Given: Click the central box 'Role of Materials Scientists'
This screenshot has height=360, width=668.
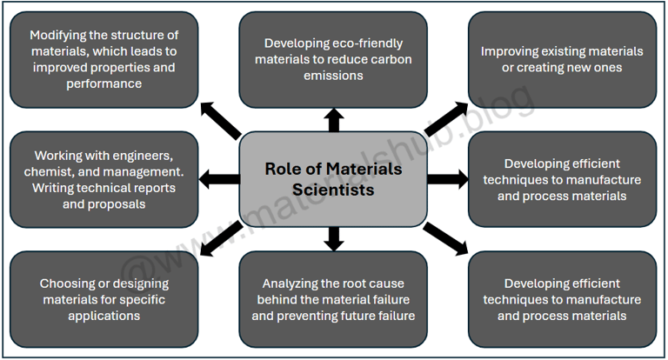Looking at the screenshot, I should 333,177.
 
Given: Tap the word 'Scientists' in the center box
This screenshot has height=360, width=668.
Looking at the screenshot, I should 333,189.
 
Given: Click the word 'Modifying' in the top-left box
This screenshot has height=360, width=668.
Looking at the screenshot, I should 59,35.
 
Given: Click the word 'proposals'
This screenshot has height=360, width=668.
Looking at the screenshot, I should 117,204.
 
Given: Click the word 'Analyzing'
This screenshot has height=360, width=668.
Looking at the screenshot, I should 291,283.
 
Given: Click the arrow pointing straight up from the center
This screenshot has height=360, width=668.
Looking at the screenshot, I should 333,120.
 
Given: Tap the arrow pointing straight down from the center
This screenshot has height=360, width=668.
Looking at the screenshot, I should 333,237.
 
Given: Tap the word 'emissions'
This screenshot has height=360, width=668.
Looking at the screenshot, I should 333,76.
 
